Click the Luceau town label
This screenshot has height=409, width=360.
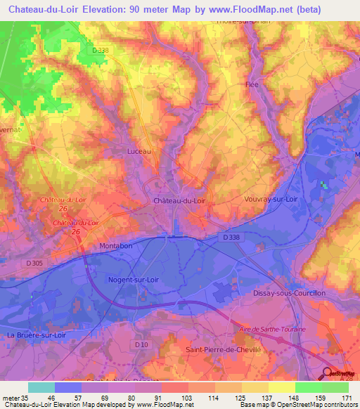(x=139, y=151)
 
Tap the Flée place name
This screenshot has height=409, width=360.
(x=251, y=84)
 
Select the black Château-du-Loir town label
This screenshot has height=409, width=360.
(x=179, y=200)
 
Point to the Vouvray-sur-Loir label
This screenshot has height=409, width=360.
(x=270, y=199)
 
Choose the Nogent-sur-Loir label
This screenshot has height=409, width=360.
(x=133, y=280)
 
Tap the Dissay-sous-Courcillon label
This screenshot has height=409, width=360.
(x=289, y=292)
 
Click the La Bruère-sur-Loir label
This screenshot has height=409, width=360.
(x=37, y=335)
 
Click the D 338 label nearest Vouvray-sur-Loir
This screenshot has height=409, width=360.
(x=231, y=238)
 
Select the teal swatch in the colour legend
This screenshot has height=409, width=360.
(x=41, y=387)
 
